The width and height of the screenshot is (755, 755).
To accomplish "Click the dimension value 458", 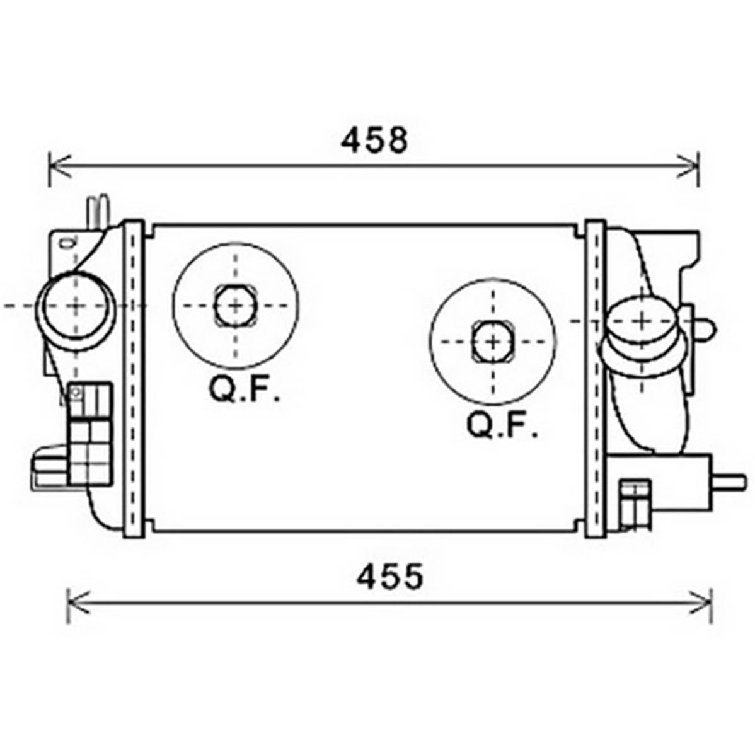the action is (x=374, y=140).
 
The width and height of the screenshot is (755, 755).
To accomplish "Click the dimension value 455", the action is (x=390, y=577).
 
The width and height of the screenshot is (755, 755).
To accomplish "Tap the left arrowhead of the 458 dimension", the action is (x=60, y=166).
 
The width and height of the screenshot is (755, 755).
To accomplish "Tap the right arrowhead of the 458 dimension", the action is (x=687, y=166).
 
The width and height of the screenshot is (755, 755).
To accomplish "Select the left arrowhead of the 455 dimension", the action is (x=78, y=602).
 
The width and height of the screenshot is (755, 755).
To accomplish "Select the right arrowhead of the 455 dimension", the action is (x=701, y=602).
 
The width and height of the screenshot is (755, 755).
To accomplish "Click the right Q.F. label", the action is (x=502, y=425).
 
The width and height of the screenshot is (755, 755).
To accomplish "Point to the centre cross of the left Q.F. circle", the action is (x=236, y=306).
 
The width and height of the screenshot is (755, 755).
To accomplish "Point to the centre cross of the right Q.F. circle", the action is (x=493, y=342).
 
